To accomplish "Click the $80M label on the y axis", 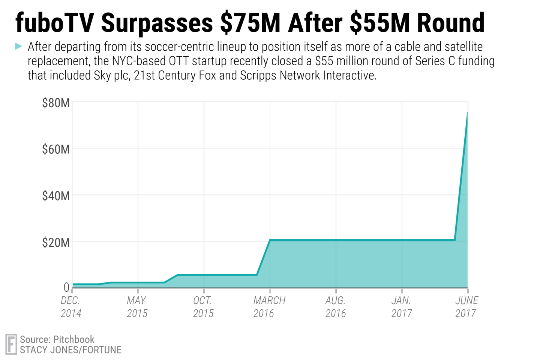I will [x=55, y=103].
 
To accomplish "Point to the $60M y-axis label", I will [x=55, y=150].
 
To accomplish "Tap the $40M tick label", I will [x=55, y=196].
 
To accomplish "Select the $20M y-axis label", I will [x=55, y=243].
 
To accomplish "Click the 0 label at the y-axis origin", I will [x=66, y=287].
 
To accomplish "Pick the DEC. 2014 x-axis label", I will [x=71, y=307].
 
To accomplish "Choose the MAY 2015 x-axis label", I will [x=137, y=307].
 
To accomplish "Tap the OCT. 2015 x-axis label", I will [x=203, y=307].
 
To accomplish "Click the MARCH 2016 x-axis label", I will [x=269, y=307].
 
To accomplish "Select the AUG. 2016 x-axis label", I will [x=335, y=307].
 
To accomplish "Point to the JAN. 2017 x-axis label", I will [x=401, y=307].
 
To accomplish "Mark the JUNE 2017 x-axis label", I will [x=466, y=307].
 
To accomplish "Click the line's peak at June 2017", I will [x=467, y=112].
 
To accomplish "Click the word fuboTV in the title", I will [x=54, y=22].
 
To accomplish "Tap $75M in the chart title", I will [x=250, y=22].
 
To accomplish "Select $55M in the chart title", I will [x=379, y=22].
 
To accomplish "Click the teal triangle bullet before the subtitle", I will [x=18, y=46].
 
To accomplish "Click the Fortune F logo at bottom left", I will [x=11, y=344].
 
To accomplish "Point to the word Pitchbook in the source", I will [x=73, y=339].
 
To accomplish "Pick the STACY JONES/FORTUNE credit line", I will [x=70, y=350].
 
